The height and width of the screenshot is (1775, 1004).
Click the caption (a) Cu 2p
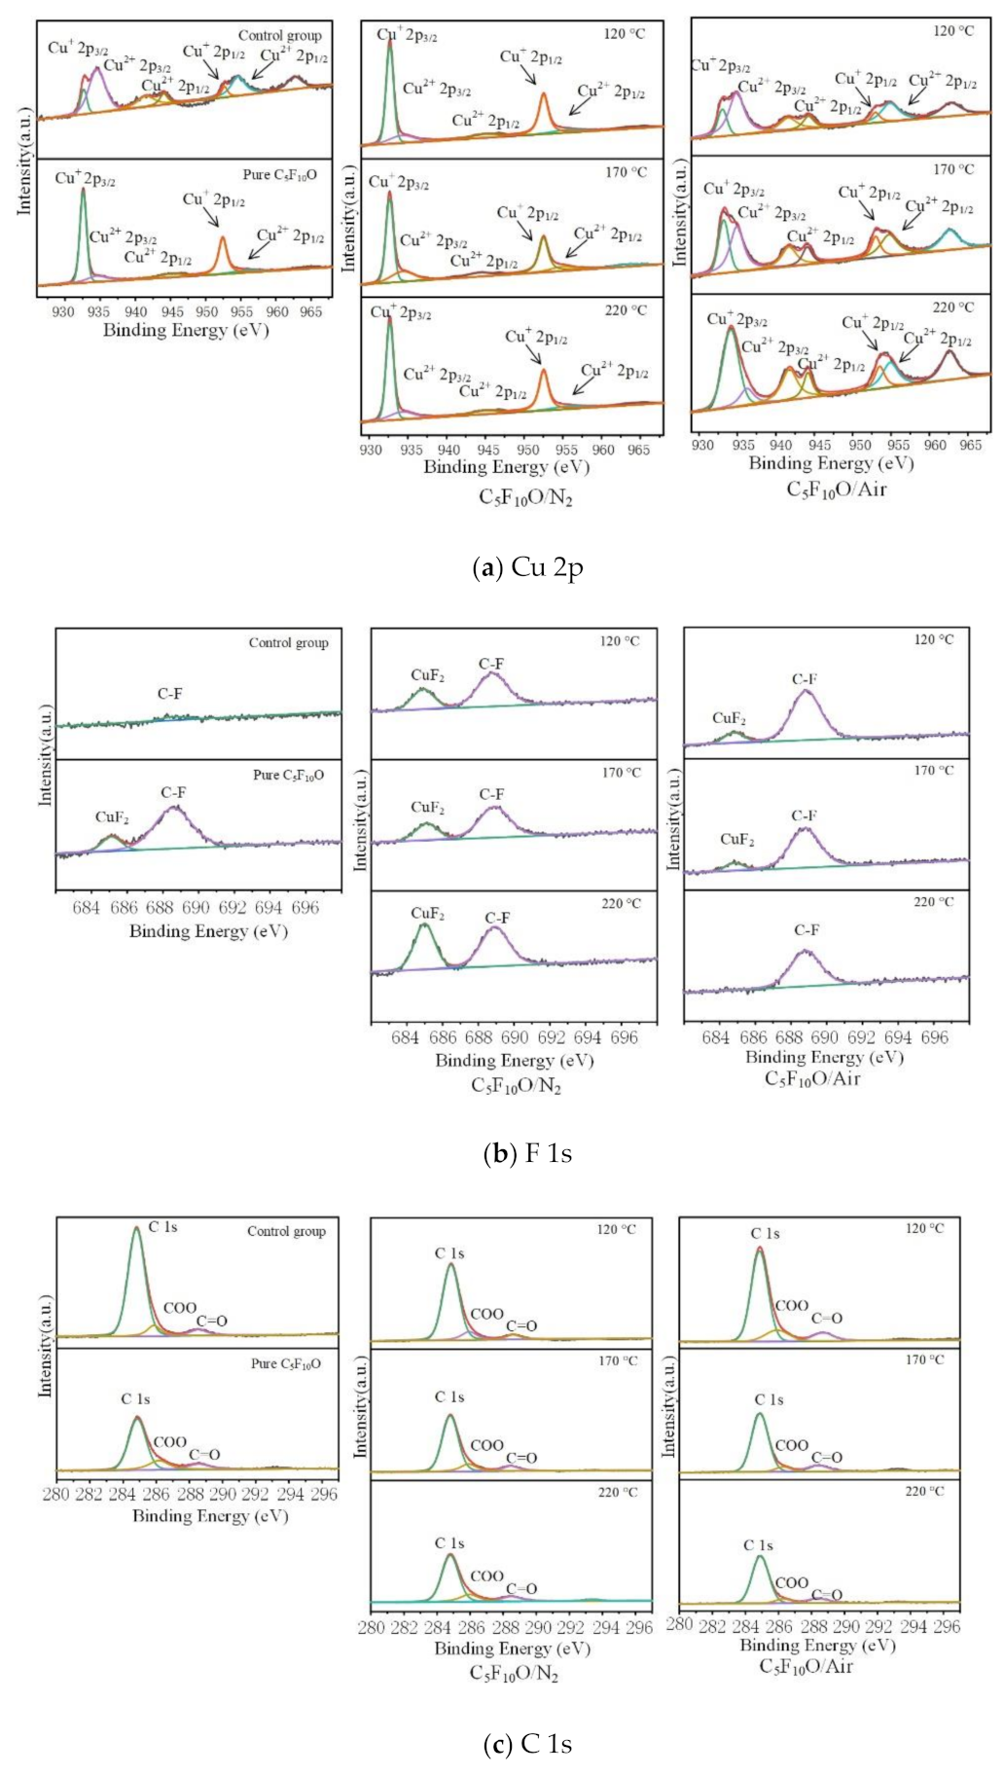(x=527, y=567)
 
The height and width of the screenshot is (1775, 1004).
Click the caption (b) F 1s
(x=527, y=1154)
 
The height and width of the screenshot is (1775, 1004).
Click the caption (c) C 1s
(x=527, y=1743)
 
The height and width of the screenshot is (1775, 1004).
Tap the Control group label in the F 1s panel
(x=288, y=643)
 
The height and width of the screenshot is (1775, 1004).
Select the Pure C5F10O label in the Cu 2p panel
(x=279, y=175)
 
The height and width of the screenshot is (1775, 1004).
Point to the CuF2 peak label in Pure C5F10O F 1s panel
(x=112, y=817)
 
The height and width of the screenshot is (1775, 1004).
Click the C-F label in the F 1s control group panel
(x=169, y=694)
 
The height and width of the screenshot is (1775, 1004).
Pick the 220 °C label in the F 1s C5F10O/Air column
(x=934, y=902)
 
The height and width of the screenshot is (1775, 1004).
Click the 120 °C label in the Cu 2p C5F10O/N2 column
(x=625, y=34)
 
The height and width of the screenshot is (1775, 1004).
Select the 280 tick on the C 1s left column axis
(x=56, y=1495)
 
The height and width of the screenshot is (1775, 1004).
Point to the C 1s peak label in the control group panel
(x=162, y=1227)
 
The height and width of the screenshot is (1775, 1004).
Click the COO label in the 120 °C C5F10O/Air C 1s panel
(x=791, y=1306)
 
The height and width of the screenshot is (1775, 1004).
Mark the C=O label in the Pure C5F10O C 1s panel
(x=204, y=1455)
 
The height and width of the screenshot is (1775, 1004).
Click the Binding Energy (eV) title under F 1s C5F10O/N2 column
(x=514, y=1060)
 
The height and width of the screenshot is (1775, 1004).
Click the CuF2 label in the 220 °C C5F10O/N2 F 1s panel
(x=427, y=914)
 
